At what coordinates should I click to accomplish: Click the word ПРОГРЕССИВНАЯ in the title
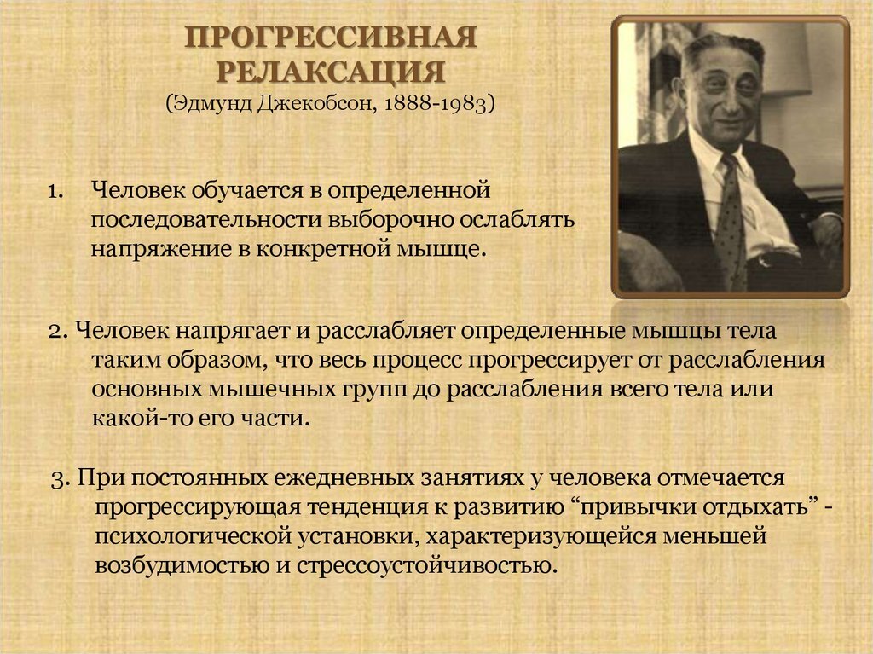331,39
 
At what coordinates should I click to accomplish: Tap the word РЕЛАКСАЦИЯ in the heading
331,71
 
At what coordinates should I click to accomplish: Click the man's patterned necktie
731,222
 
